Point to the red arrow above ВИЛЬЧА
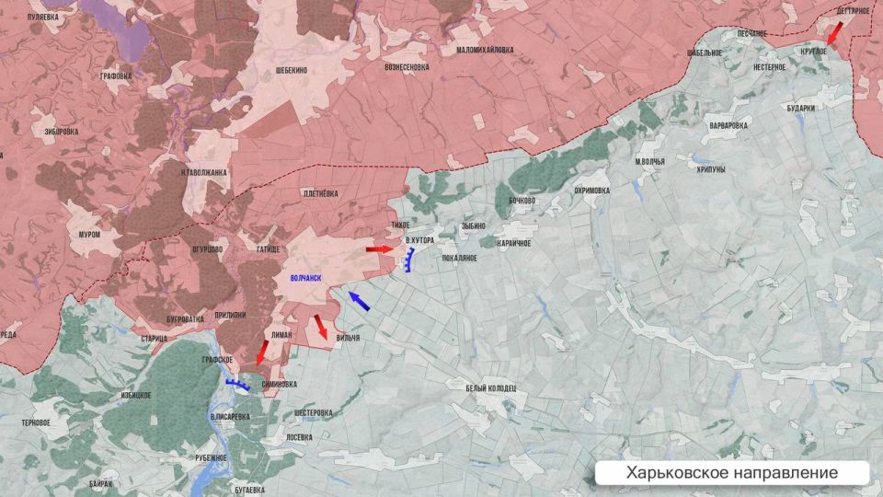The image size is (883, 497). [320, 327]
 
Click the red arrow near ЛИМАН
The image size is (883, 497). [262, 352]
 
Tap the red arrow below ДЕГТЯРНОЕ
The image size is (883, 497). [833, 33]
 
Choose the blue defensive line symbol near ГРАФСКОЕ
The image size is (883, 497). [237, 385]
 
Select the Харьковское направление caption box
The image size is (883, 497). [732, 472]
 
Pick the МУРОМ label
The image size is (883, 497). [89, 235]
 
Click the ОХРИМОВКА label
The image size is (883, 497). [591, 191]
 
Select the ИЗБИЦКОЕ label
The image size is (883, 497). [135, 395]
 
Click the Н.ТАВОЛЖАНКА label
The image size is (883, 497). [203, 172]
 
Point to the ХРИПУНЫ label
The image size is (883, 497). [711, 169]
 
